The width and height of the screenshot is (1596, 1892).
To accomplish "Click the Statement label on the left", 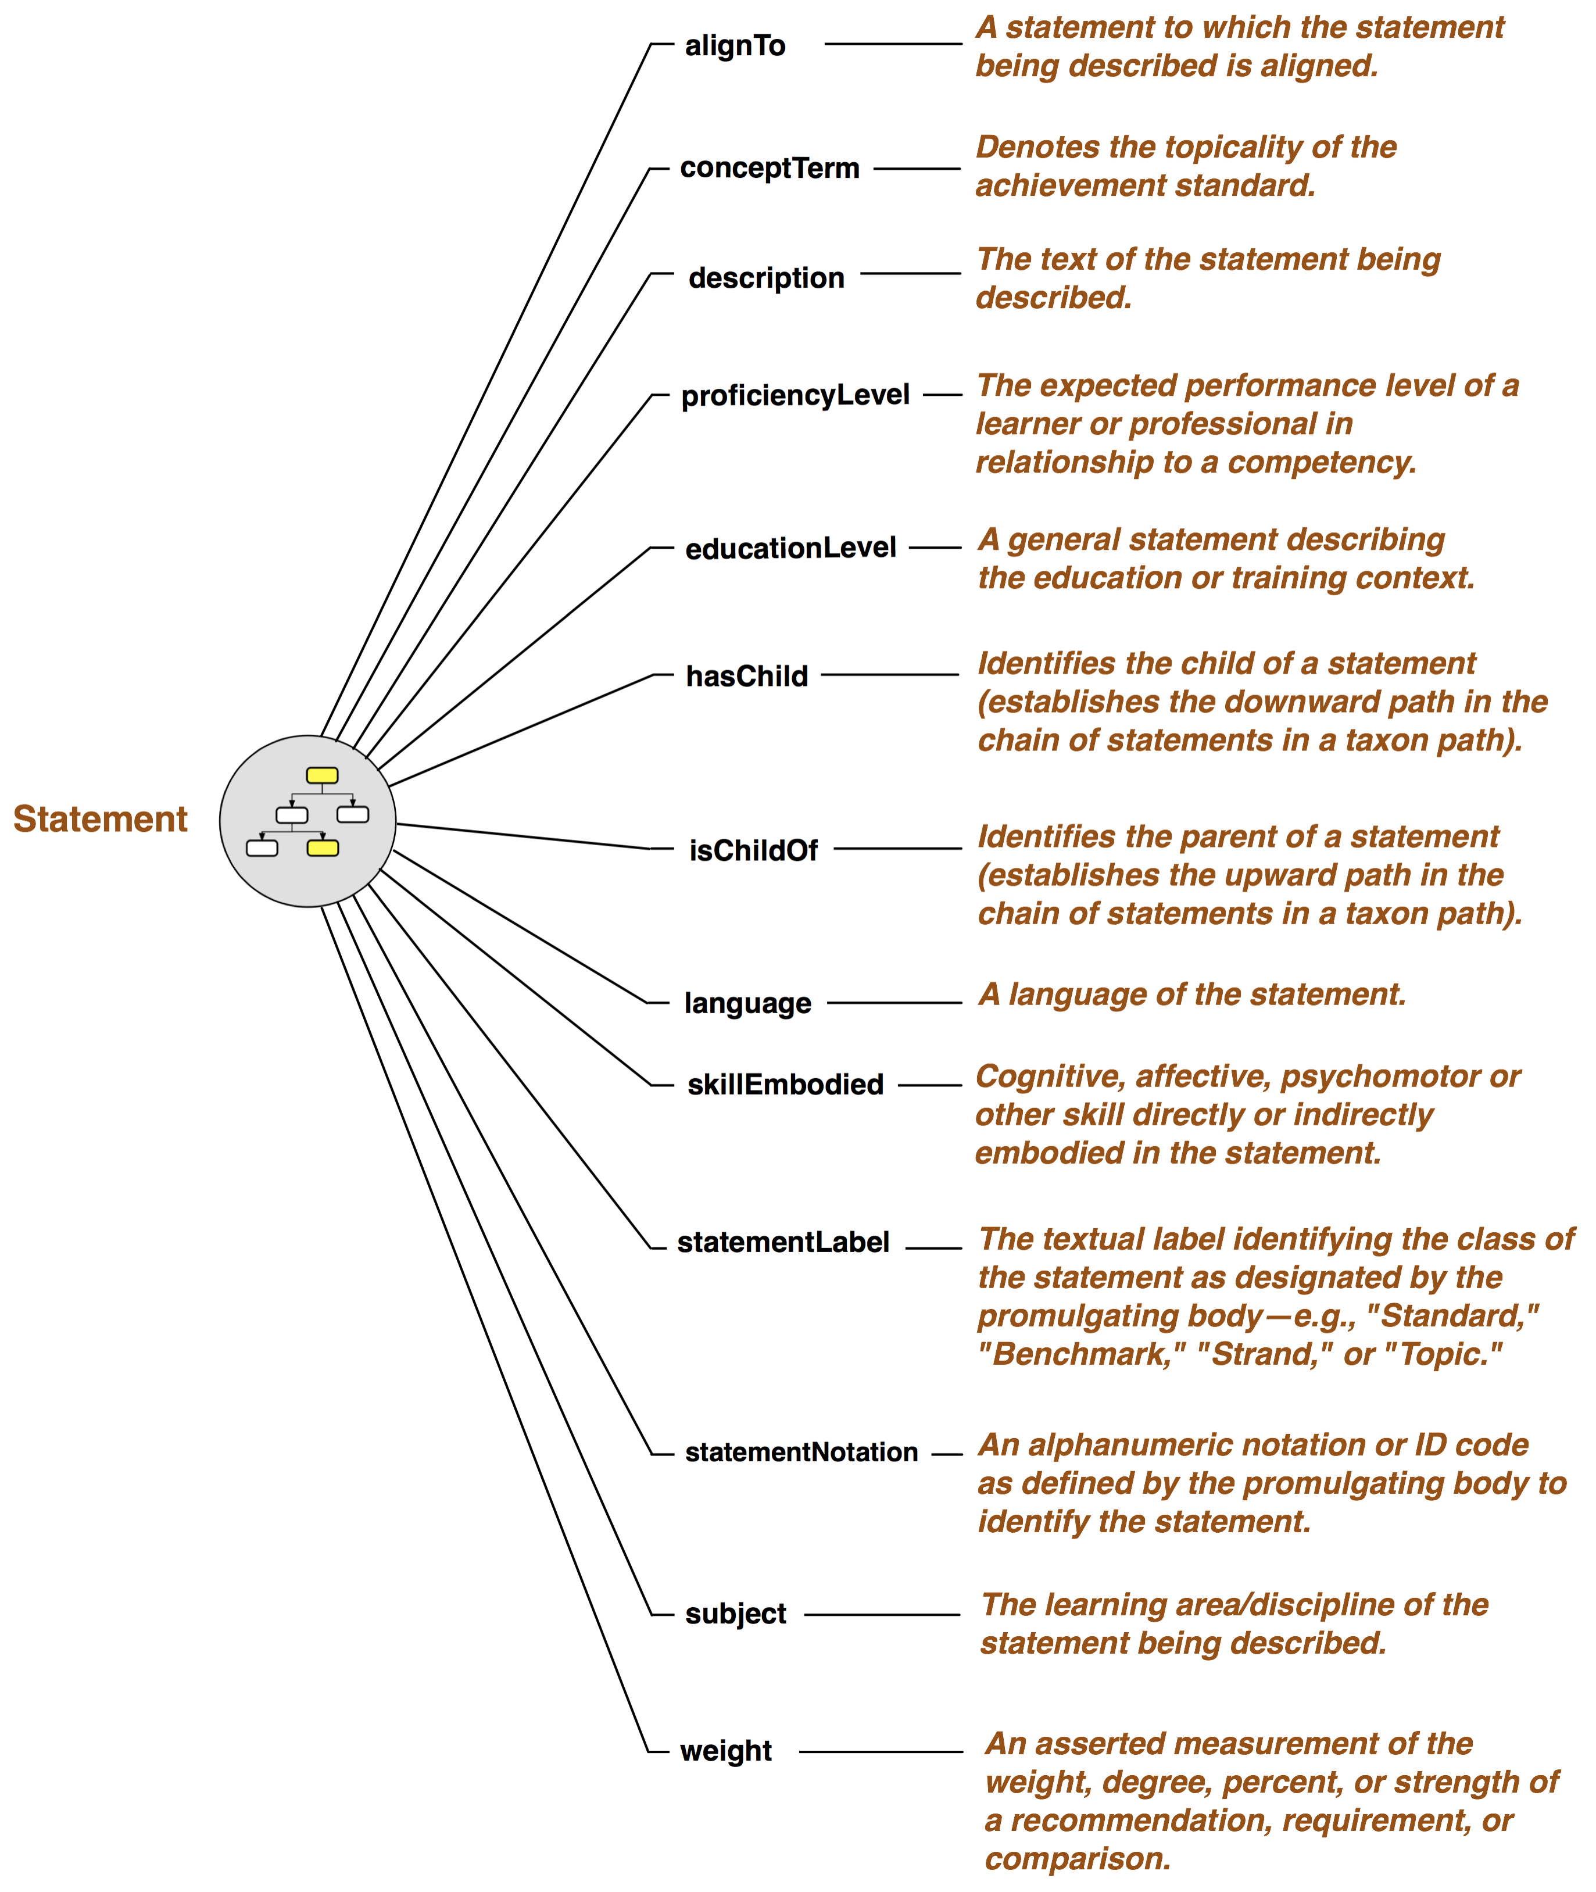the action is [x=101, y=819].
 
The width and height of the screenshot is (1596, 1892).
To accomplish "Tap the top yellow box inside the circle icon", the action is [x=322, y=775].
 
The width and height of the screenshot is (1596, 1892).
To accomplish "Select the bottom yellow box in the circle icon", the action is [x=323, y=848].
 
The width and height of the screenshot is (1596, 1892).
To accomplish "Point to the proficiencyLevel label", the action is [x=795, y=395].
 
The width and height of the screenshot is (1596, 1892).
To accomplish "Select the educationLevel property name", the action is [x=791, y=548].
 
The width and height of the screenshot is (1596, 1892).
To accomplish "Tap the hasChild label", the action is [x=747, y=676].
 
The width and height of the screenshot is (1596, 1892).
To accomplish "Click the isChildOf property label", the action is [x=754, y=850].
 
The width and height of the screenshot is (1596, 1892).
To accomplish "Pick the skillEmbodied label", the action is [x=785, y=1084].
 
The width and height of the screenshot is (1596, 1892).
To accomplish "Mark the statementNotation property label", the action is [x=801, y=1452].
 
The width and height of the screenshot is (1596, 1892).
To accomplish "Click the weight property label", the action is [x=725, y=1751].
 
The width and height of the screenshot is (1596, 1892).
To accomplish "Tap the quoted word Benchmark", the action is [x=1082, y=1354].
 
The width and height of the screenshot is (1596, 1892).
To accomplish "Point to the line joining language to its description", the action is [x=895, y=1003].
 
